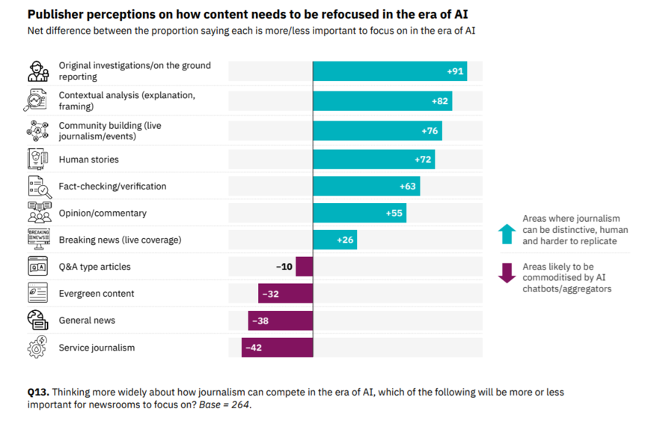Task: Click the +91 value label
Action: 455,71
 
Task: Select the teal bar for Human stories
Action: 373,160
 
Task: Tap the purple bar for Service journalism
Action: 277,348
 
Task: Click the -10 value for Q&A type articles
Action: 284,267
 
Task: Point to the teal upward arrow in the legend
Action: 507,234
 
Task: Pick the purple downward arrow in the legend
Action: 507,273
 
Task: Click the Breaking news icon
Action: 38,240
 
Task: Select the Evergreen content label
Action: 97,294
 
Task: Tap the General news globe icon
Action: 38,321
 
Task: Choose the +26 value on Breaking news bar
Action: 344,240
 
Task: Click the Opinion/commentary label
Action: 103,213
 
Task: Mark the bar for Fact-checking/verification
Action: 366,187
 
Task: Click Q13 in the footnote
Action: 37,393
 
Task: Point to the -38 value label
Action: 260,321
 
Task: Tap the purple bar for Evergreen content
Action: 285,294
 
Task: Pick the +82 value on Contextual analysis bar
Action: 439,101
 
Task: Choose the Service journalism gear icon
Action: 38,348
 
